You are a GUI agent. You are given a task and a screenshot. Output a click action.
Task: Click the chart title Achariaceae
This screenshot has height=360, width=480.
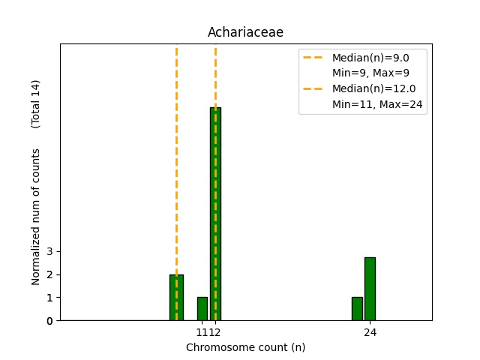[245, 32]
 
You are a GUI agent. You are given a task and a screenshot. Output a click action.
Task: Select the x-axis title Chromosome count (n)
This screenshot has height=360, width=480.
[245, 347]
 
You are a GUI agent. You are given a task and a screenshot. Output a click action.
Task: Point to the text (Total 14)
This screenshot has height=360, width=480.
[36, 103]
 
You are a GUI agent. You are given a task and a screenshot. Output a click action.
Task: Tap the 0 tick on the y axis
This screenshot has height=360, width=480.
[49, 321]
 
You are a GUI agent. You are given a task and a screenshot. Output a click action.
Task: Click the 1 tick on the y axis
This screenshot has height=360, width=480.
[49, 298]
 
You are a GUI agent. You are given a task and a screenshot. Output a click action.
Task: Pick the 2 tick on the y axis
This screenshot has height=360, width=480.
[49, 274]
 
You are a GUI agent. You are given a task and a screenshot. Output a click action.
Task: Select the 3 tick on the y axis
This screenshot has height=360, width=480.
[49, 251]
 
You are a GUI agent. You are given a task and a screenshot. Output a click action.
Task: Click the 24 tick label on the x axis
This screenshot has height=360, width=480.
[370, 332]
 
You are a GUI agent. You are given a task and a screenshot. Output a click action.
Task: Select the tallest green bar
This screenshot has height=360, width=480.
[215, 214]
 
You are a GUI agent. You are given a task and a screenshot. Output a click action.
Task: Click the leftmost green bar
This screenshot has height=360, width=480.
[176, 298]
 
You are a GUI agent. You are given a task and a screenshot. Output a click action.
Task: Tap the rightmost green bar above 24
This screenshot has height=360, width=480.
[370, 289]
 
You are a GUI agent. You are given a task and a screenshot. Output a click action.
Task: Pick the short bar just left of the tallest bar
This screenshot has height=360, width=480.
[202, 309]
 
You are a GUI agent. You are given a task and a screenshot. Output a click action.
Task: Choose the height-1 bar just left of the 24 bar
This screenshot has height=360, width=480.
[357, 309]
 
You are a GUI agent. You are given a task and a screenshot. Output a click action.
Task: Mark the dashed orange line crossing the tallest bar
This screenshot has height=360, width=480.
[215, 75]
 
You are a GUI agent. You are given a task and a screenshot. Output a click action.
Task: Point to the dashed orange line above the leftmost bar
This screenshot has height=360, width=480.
[176, 150]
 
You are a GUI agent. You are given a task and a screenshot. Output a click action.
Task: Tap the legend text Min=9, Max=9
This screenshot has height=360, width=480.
[370, 73]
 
